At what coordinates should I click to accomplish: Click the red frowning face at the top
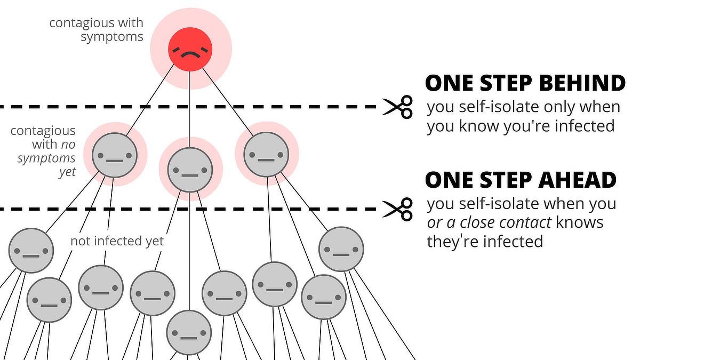point(190,50)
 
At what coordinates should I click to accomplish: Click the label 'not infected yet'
point(117,241)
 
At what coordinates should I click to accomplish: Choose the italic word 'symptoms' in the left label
point(46,158)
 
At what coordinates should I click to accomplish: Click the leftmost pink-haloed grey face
point(115,155)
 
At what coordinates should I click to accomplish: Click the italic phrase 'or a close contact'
point(489,222)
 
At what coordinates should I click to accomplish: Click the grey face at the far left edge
point(31,250)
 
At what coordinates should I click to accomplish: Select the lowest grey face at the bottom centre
point(189,332)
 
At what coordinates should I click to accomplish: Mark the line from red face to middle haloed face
point(190,107)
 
